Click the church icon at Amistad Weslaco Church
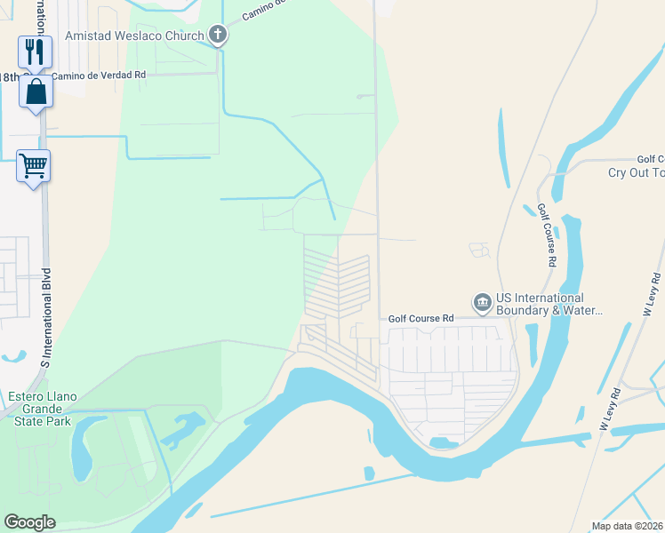pos(218,36)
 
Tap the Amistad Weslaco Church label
pos(137,36)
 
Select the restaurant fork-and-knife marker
pos(35,52)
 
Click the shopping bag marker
pos(36,91)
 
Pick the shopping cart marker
pos(34,166)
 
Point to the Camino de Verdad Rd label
pos(98,76)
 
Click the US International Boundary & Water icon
pos(482,303)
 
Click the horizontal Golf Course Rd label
pos(421,317)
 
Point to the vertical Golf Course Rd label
pos(546,235)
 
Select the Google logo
pos(29,522)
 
